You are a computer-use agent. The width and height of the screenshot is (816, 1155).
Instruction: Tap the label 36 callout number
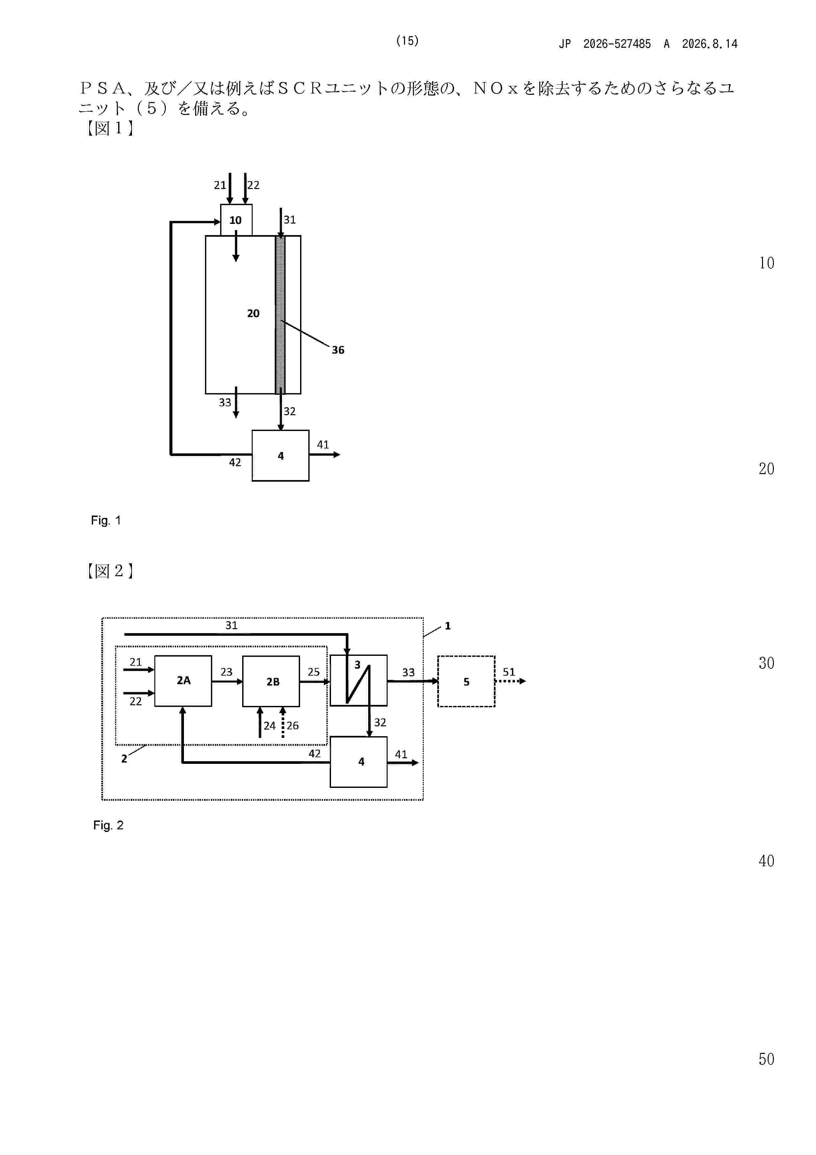point(338,350)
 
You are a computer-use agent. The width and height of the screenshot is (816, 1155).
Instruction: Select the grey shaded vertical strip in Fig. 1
point(280,315)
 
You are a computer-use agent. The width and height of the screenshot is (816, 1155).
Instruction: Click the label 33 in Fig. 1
point(225,402)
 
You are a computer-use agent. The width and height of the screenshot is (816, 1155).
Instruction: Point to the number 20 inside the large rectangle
point(253,313)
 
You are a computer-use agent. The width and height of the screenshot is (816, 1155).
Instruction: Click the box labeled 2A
point(183,681)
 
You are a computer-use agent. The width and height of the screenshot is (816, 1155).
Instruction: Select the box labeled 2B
point(271,681)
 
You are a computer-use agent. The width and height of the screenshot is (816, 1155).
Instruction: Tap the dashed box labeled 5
point(466,681)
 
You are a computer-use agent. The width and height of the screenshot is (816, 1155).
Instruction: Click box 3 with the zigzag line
point(358,680)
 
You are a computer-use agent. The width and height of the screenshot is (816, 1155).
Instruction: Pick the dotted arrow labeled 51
point(511,681)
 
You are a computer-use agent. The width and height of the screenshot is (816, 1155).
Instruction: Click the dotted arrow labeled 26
point(283,722)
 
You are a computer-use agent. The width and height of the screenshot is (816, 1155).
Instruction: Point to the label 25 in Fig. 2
point(314,672)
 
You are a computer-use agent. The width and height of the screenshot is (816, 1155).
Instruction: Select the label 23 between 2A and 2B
point(226,672)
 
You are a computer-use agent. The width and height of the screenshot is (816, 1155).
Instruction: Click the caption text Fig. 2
point(108,825)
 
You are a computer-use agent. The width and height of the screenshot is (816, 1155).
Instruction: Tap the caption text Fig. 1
point(106,521)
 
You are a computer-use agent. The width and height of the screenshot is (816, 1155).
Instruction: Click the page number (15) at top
point(407,41)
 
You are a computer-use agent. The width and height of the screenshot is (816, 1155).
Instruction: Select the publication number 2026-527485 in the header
point(617,44)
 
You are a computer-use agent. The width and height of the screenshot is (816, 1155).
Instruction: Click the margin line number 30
point(766,663)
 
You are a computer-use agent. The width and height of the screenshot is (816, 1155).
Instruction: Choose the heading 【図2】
point(109,571)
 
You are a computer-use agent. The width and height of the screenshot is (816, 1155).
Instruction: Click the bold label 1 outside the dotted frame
point(447,626)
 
